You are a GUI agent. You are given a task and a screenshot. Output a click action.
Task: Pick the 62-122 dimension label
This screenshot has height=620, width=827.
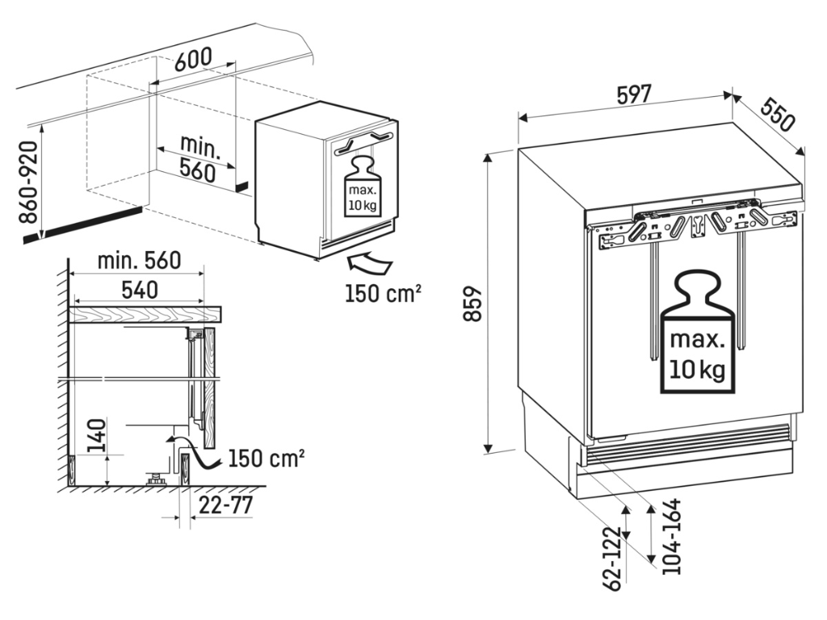pyautogui.click(x=615, y=556)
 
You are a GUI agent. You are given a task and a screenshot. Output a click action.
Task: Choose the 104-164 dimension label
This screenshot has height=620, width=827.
pyautogui.click(x=672, y=537)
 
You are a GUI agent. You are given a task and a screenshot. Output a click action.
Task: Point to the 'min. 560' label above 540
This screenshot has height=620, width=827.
pyautogui.click(x=138, y=260)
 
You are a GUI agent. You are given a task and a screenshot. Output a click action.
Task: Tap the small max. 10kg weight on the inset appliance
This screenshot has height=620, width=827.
pyautogui.click(x=361, y=188)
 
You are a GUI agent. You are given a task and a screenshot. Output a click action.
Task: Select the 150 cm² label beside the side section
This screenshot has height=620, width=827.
pyautogui.click(x=266, y=459)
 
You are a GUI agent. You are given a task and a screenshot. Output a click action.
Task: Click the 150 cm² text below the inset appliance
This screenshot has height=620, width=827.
pyautogui.click(x=382, y=293)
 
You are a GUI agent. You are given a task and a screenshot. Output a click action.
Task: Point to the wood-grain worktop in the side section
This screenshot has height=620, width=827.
pyautogui.click(x=145, y=314)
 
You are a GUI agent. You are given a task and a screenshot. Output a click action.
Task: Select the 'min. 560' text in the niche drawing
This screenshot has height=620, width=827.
pyautogui.click(x=198, y=158)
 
